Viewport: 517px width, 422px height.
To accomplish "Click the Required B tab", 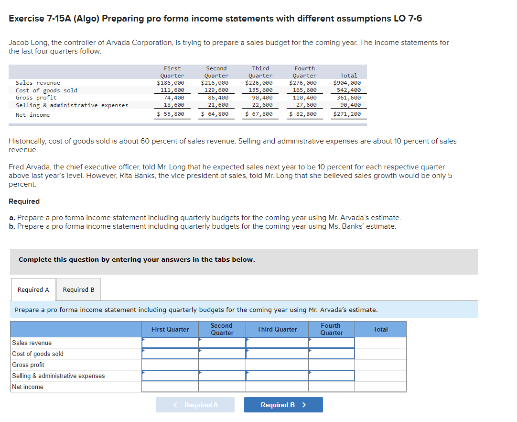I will point(78,289).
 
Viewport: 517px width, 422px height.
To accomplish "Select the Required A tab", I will point(33,289).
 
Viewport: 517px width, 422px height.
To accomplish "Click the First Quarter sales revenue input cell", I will point(170,343).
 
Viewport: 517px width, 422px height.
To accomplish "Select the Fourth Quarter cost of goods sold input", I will point(331,354).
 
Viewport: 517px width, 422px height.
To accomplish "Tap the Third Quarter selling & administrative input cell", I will point(277,376).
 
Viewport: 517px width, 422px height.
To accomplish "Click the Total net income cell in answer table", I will point(380,387).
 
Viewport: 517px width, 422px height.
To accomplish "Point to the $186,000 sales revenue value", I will point(171,83).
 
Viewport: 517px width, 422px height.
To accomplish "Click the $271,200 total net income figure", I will point(347,114).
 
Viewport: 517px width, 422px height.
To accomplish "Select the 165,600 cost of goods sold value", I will point(304,90).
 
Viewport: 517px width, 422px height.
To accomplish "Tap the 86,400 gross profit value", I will point(218,98).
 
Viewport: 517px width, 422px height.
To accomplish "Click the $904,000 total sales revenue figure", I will point(347,83).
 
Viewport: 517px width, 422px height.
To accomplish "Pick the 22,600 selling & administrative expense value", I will point(262,105).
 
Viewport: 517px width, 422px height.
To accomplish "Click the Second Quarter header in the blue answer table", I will point(222,329).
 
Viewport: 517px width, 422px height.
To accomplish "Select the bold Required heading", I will point(24,201).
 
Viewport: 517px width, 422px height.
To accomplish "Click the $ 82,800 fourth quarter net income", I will point(303,114).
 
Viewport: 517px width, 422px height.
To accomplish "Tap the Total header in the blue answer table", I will point(380,329).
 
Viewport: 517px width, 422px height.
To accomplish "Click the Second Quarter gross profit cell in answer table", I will point(222,365).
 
